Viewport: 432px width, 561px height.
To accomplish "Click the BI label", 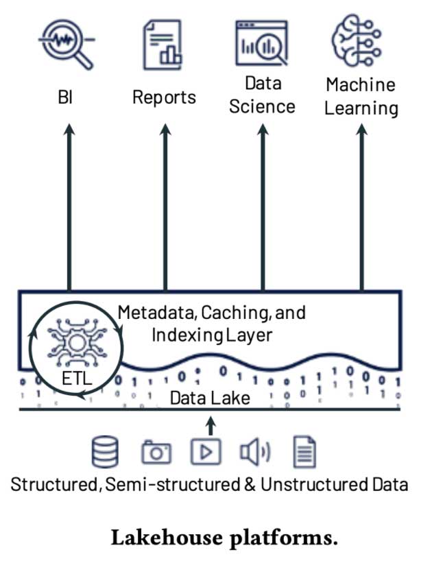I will pyautogui.click(x=65, y=98).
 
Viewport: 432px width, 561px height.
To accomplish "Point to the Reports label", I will pyautogui.click(x=164, y=97).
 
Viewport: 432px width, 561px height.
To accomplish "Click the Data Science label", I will pyautogui.click(x=263, y=95).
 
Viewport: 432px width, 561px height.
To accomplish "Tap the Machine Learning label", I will pyautogui.click(x=361, y=97).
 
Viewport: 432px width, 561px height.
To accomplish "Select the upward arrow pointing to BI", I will pyautogui.click(x=69, y=206).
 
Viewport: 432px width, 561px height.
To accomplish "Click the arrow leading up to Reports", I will pyautogui.click(x=165, y=206).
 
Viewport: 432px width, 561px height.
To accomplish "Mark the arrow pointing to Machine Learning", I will pyautogui.click(x=361, y=206).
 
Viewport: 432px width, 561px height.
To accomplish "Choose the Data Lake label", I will pyautogui.click(x=210, y=398).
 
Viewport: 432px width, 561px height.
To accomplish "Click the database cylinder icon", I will pyautogui.click(x=105, y=452).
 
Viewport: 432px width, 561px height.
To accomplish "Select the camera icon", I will pyautogui.click(x=156, y=452).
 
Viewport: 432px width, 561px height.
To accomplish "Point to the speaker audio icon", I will pyautogui.click(x=254, y=452).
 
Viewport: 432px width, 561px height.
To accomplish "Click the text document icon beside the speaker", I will pyautogui.click(x=304, y=452).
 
